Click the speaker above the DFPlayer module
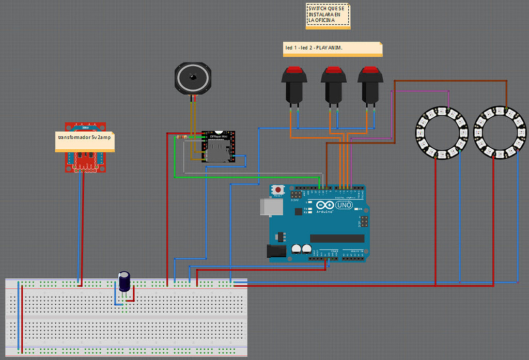coord(193,77)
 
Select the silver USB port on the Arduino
coord(268,207)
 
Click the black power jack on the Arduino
coord(275,251)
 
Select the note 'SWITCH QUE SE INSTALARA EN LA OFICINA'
coord(328,15)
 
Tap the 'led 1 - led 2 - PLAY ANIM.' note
coord(333,48)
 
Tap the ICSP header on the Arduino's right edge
coord(364,222)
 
